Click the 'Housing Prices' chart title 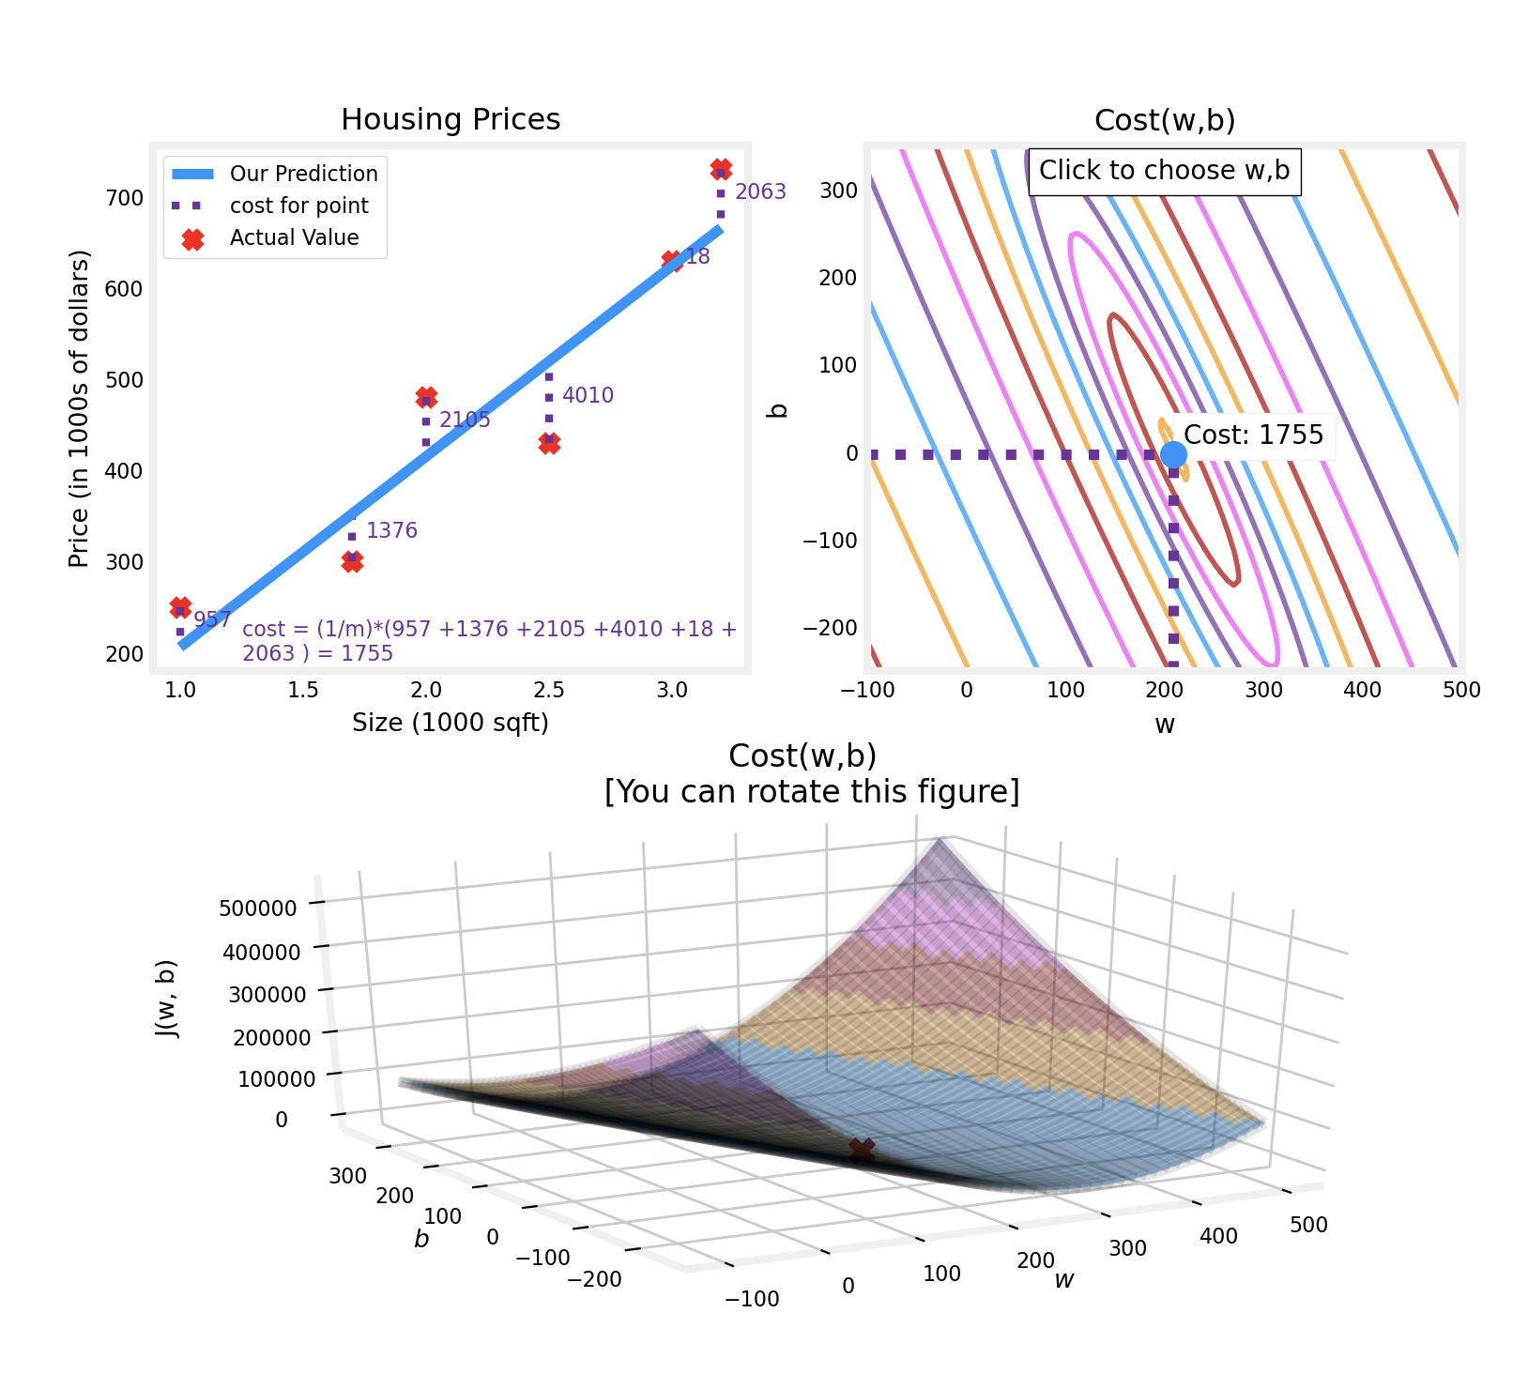click(x=451, y=120)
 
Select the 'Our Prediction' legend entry click(x=303, y=174)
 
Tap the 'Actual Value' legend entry click(x=294, y=238)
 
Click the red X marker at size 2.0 click(x=426, y=397)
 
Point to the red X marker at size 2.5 click(x=549, y=443)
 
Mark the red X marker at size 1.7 click(x=352, y=561)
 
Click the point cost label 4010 click(x=588, y=396)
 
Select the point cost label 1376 click(x=391, y=531)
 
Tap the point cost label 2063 click(x=760, y=192)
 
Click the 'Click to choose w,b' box click(x=1164, y=171)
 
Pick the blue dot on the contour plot click(x=1173, y=454)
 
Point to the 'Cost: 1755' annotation click(x=1253, y=435)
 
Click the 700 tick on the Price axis click(x=125, y=198)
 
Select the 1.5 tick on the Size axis click(x=303, y=691)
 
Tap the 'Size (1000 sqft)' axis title click(x=451, y=723)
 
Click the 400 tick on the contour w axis click(x=1362, y=691)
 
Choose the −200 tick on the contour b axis click(x=830, y=627)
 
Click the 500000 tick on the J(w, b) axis click(x=257, y=908)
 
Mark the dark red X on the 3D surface click(x=862, y=1150)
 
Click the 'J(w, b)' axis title click(x=166, y=999)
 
